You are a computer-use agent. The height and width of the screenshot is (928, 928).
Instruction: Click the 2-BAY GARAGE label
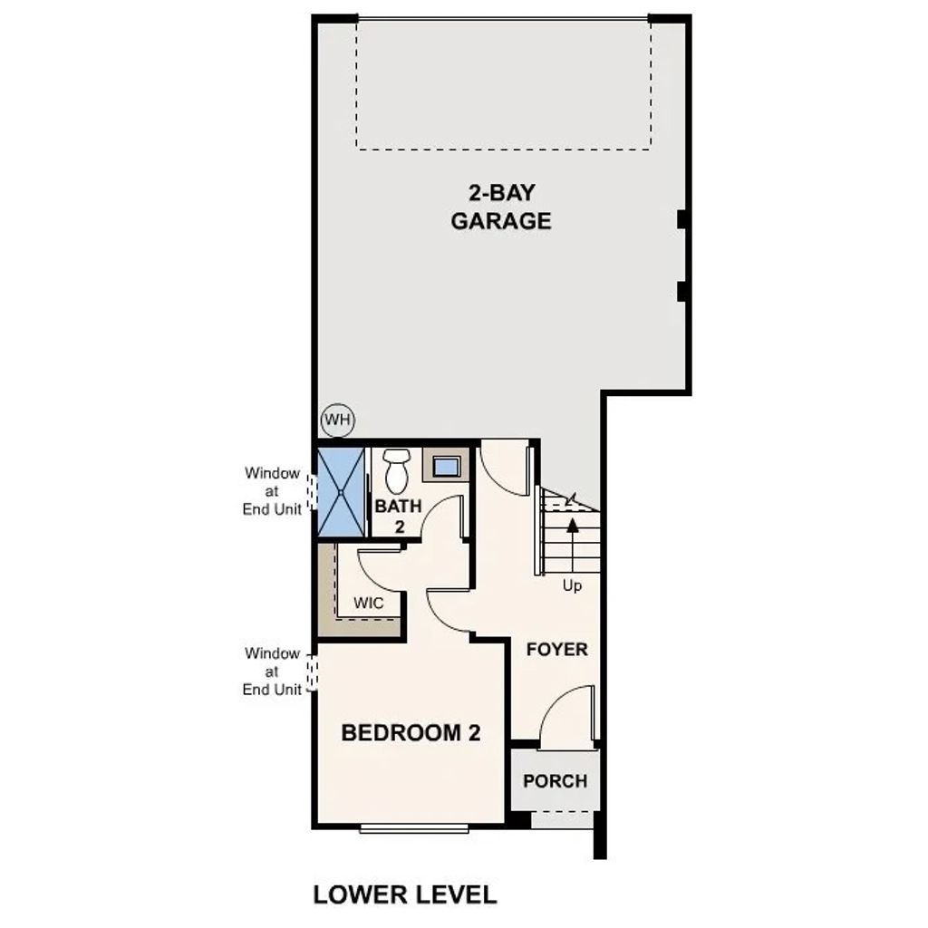click(x=501, y=207)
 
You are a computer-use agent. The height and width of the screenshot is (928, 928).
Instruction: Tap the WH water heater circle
click(x=338, y=420)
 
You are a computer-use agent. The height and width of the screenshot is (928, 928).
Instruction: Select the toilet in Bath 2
click(x=396, y=469)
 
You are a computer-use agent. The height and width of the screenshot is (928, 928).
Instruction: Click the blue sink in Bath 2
click(x=446, y=468)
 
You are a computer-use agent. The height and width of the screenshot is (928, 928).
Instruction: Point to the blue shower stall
click(x=341, y=491)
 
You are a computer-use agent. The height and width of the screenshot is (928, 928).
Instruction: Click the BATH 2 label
click(x=398, y=517)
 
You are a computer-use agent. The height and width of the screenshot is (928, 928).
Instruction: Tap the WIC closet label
click(x=369, y=603)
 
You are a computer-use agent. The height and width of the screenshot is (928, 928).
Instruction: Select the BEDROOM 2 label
click(x=410, y=733)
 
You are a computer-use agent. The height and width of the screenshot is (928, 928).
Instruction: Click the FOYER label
click(x=556, y=650)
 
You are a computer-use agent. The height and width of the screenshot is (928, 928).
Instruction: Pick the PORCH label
click(x=555, y=781)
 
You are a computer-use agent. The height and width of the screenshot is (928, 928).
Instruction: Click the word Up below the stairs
click(x=572, y=586)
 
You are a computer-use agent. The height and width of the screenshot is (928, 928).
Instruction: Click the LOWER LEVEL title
click(x=405, y=894)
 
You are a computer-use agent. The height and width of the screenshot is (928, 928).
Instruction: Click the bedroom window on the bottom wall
click(x=414, y=827)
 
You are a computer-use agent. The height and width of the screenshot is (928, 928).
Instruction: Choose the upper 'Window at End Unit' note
click(x=272, y=491)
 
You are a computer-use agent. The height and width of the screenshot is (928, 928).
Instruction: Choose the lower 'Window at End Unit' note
click(x=272, y=672)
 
